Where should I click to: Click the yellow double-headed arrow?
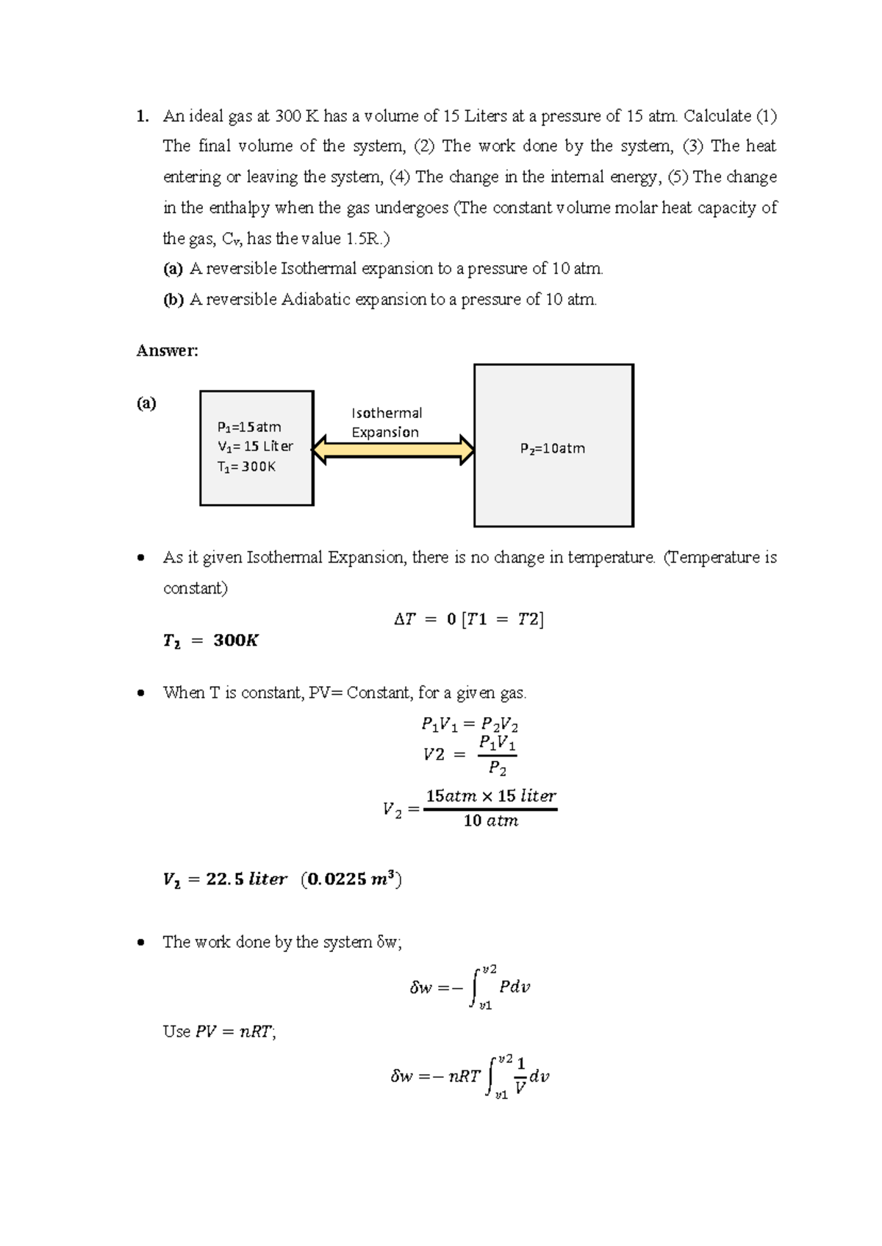[x=393, y=450]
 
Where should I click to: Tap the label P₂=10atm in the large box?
[x=553, y=448]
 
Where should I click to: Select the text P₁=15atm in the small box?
[x=249, y=427]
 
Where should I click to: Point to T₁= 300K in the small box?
[x=246, y=467]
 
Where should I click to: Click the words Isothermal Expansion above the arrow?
[x=387, y=422]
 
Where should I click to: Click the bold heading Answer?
[x=167, y=350]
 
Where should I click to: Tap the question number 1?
[x=142, y=116]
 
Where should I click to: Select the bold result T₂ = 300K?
[x=210, y=641]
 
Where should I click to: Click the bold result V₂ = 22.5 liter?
[x=224, y=879]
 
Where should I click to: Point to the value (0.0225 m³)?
[x=351, y=879]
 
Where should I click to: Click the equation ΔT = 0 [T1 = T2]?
[x=469, y=619]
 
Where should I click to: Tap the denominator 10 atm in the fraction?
[x=491, y=821]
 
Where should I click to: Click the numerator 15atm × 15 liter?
[x=491, y=796]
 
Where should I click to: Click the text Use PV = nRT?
[x=219, y=1031]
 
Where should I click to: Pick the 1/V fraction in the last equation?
[x=520, y=1076]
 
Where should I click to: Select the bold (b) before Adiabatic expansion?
[x=173, y=300]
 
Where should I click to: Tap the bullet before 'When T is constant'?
[x=141, y=693]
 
